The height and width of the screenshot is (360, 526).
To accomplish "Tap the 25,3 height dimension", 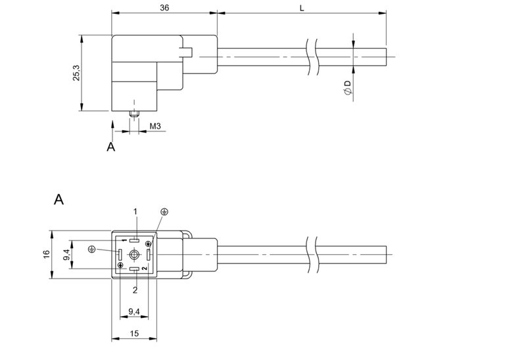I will tap(77, 73).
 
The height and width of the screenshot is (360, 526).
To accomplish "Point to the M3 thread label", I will tap(155, 125).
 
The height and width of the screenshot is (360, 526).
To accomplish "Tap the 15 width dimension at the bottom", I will tap(134, 334).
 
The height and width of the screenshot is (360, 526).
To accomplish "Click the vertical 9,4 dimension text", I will tap(66, 254).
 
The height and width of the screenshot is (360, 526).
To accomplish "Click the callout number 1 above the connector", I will tap(135, 211).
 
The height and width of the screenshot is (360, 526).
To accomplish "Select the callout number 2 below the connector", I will tap(135, 289).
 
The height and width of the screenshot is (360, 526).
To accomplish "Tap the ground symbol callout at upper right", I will tap(164, 212).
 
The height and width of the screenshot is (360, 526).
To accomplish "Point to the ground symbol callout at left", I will tap(92, 248).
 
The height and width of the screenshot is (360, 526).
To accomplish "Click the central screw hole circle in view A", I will tap(134, 255).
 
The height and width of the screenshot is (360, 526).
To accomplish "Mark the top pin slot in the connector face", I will tap(134, 240).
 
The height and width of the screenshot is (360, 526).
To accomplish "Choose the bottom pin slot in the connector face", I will tap(134, 269).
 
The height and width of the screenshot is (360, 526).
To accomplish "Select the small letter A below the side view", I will tap(110, 147).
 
